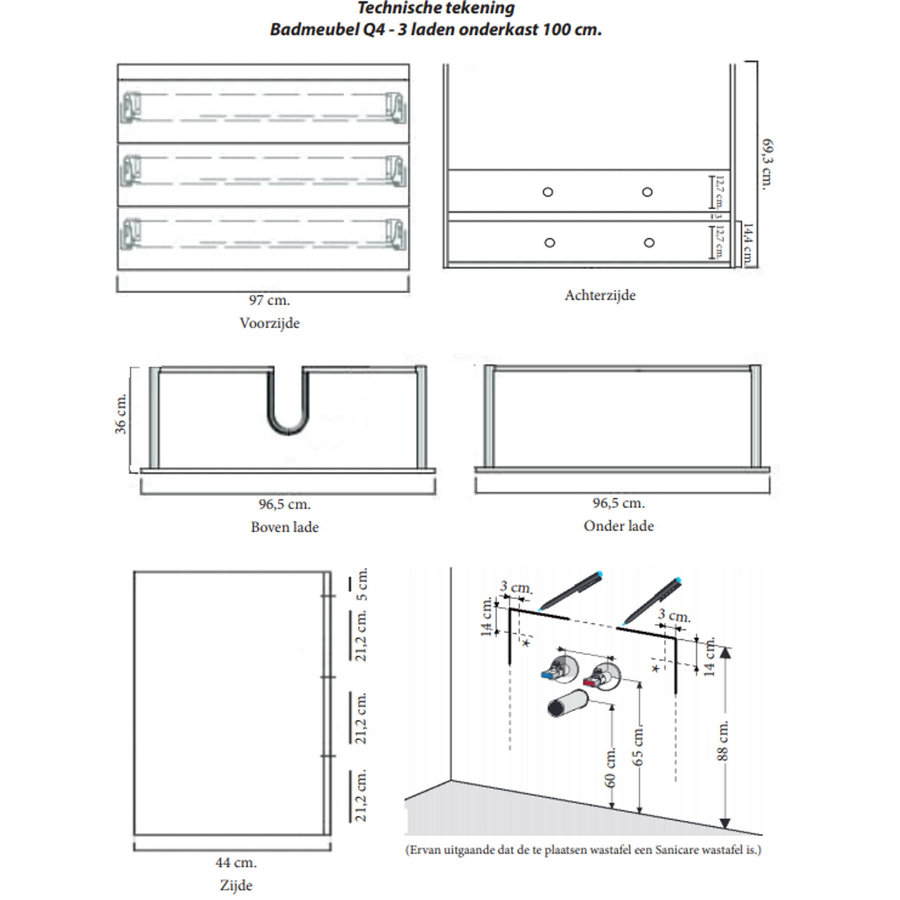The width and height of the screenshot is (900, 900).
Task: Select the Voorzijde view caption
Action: [270, 323]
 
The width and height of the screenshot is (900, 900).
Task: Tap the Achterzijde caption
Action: [600, 295]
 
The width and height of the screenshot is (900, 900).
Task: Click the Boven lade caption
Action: [285, 526]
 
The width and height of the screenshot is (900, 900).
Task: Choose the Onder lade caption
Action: [619, 526]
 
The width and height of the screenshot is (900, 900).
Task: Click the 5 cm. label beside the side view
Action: [363, 583]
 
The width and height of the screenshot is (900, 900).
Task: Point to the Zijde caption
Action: [236, 885]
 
